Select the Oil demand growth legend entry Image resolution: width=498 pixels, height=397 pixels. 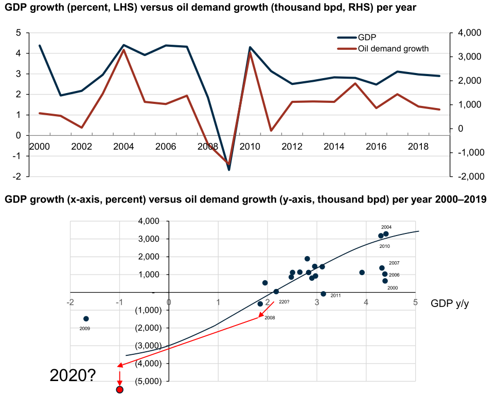(x=383, y=48)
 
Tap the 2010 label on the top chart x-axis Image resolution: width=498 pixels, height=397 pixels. (x=250, y=147)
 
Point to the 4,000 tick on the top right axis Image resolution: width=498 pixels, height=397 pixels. (x=469, y=33)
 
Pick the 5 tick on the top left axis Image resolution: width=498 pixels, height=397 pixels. (x=18, y=33)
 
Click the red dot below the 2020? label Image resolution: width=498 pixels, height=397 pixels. (x=119, y=390)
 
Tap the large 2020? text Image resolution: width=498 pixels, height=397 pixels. (x=73, y=376)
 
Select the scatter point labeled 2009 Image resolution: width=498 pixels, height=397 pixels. (x=86, y=319)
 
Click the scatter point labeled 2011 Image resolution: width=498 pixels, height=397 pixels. (x=323, y=294)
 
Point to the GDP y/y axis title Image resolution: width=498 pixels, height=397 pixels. (x=450, y=303)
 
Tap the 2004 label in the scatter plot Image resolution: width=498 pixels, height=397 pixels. (x=386, y=227)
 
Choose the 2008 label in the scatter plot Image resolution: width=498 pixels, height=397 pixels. (x=270, y=318)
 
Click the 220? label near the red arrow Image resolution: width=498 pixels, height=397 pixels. (x=284, y=302)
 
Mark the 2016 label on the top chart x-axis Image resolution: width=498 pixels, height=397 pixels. (x=376, y=147)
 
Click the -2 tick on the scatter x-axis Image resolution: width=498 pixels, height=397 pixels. (x=70, y=302)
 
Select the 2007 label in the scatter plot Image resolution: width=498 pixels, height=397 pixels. (x=394, y=263)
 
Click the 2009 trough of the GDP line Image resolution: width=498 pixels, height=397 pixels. (x=228, y=170)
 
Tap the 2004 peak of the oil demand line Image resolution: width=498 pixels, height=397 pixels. (x=124, y=50)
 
